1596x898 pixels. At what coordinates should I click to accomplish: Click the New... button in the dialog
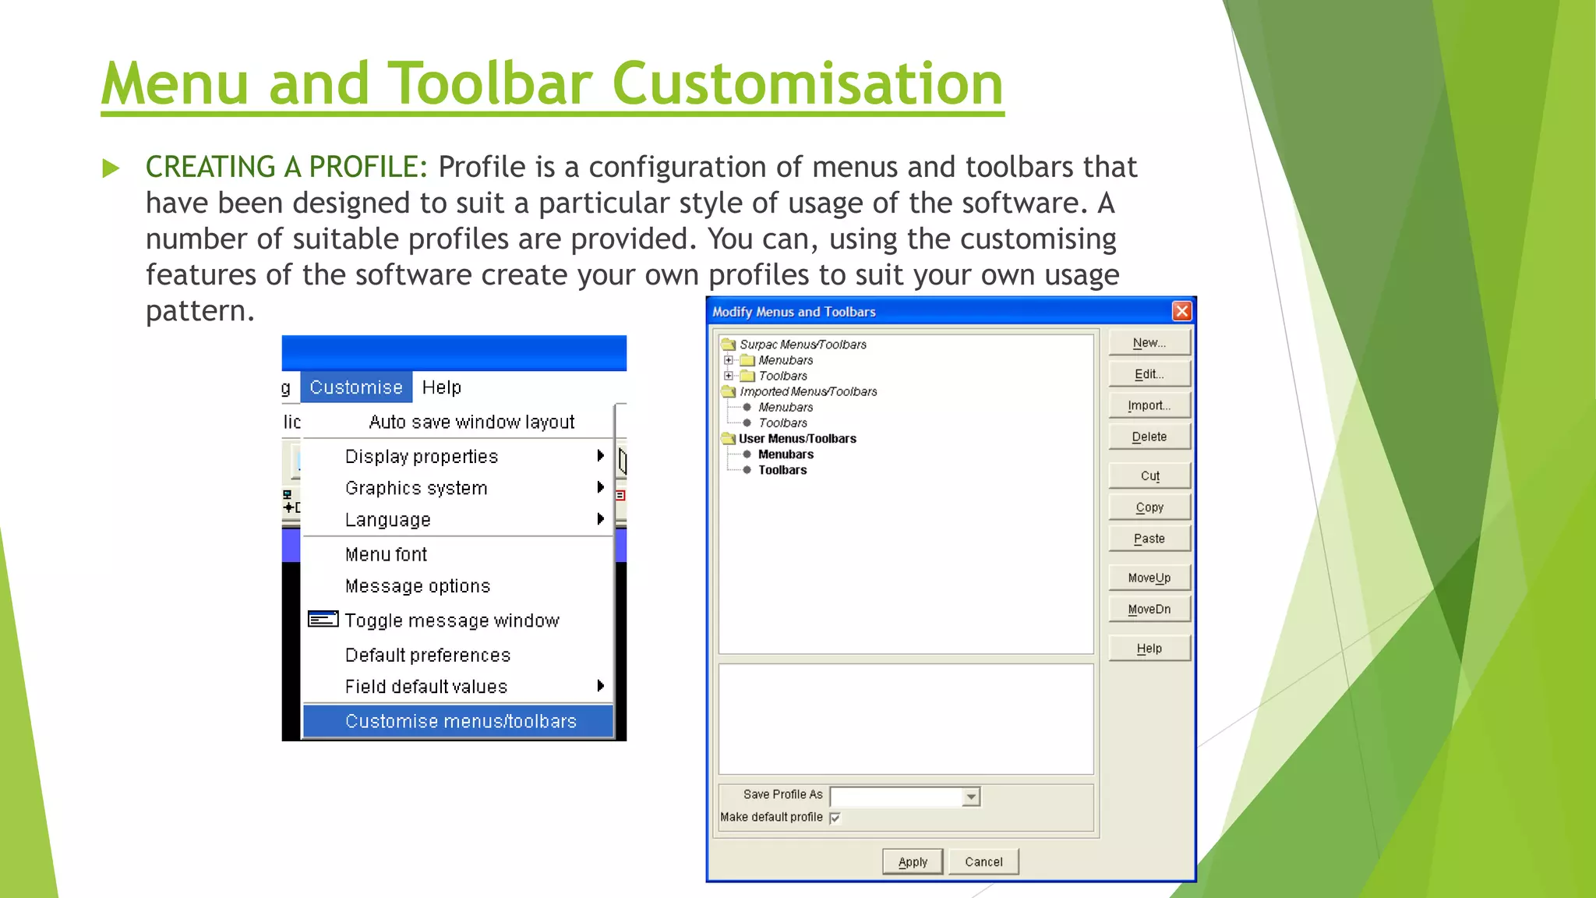1149,343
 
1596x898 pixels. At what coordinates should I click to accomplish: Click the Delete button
1149,437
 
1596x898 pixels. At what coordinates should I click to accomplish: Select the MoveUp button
1149,578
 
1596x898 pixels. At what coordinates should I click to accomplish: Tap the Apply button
913,862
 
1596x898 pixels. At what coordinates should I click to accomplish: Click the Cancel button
983,862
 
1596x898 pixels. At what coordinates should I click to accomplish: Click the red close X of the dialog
1181,312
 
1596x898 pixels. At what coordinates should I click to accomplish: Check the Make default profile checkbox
835,818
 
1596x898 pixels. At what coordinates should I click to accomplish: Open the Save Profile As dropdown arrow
971,797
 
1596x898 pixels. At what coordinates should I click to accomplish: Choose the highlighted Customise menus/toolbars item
460,722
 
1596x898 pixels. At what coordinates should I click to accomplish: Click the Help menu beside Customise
441,387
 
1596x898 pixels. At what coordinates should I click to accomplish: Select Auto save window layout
471,422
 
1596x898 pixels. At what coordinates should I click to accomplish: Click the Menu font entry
386,554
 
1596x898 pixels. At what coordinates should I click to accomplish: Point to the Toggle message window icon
323,620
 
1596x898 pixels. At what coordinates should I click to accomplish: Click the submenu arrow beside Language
600,519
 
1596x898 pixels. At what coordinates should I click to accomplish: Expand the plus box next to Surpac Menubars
729,360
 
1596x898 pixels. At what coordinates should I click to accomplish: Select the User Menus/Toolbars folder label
796,439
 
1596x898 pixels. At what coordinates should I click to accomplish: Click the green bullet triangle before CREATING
111,168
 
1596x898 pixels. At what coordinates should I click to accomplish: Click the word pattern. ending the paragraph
199,311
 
